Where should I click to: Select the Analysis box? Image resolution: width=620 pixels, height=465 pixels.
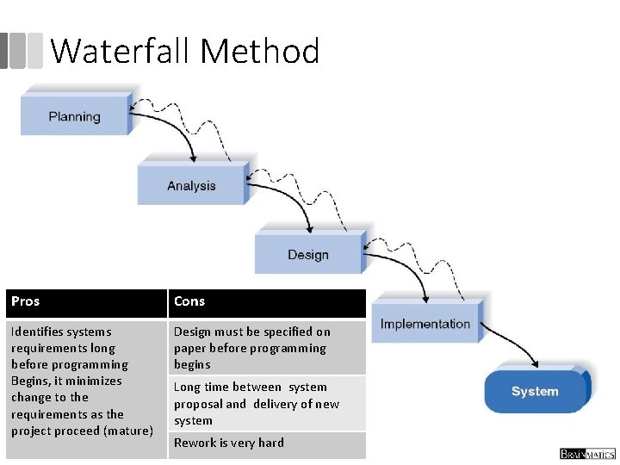[191, 185]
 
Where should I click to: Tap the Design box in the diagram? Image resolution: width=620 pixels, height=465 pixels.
[308, 254]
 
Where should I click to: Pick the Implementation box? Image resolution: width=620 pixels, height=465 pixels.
[425, 324]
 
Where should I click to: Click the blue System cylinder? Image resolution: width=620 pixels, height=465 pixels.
[535, 391]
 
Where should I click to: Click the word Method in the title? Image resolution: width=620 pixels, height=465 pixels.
[260, 52]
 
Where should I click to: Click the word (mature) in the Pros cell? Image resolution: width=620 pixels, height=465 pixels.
[127, 430]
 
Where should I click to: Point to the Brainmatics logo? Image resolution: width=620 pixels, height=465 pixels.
[587, 453]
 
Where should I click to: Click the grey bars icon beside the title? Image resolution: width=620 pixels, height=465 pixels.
[22, 51]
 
